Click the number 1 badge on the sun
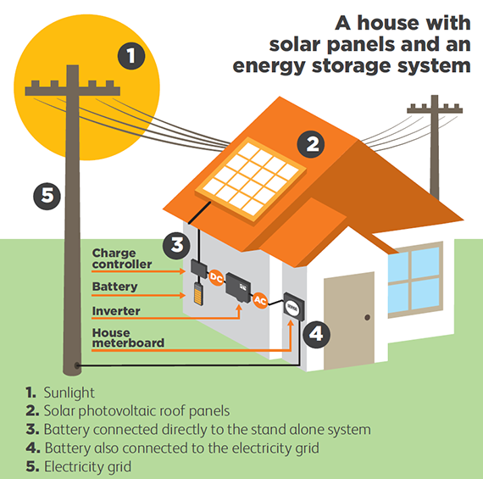(131, 56)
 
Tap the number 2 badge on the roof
(310, 144)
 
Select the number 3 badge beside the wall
(176, 245)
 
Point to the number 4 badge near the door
(316, 334)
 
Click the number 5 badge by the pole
(47, 197)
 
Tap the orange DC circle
(216, 278)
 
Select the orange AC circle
(260, 300)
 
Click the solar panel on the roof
(251, 180)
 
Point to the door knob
(367, 317)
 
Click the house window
(415, 280)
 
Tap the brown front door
(349, 320)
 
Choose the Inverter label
(116, 311)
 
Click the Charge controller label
(122, 259)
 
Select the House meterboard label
(128, 337)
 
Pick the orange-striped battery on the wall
(198, 294)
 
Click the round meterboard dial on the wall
(292, 307)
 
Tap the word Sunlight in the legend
(69, 393)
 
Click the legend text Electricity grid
(87, 466)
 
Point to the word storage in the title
(351, 65)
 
